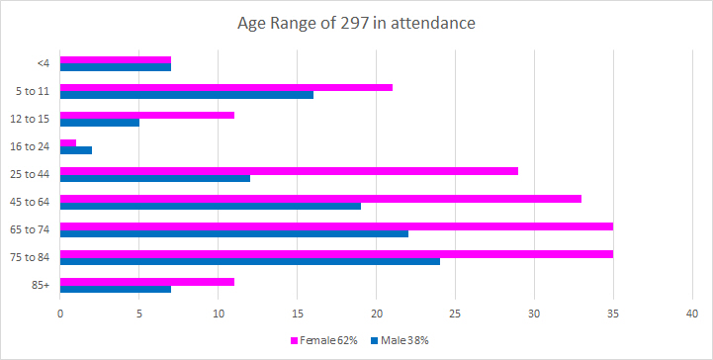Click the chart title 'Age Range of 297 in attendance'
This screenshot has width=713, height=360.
pos(356,23)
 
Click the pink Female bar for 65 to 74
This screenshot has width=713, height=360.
pos(336,226)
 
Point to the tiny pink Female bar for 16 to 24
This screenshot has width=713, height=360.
pos(68,143)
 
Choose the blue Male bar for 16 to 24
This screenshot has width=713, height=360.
pos(76,150)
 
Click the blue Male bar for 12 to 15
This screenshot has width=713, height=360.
pos(100,123)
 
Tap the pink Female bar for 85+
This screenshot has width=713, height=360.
pos(147,282)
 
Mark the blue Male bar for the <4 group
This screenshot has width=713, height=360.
pos(116,67)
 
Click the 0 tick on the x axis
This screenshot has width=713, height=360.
pos(60,314)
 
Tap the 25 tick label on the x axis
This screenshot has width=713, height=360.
pos(455,314)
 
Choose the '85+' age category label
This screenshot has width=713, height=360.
pos(43,285)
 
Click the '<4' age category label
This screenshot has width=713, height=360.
pos(44,63)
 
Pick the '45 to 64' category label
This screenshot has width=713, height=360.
pos(34,202)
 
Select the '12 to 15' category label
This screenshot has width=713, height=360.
pos(34,119)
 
